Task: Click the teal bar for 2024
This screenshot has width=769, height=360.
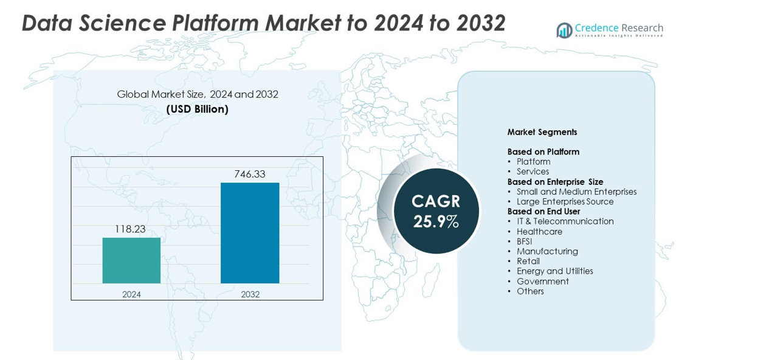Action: coord(131,260)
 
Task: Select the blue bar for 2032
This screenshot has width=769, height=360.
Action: coord(250,233)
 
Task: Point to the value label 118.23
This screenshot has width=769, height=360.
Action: coord(130,229)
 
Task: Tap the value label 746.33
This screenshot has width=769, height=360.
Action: coord(250,174)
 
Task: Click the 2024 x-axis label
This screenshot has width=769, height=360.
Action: coord(131,294)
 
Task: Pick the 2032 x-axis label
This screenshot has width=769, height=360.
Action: coord(250,294)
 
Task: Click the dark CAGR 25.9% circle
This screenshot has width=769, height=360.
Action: coord(436,211)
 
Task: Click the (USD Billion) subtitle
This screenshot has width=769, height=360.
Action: coord(198,109)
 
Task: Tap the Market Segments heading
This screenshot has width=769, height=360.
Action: coord(542,132)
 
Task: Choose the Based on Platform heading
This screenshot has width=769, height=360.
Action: coord(543,152)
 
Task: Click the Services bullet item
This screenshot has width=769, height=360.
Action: coord(533,171)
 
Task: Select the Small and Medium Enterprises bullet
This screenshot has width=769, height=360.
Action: coord(576,192)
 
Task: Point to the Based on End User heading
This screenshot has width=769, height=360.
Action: coord(543,212)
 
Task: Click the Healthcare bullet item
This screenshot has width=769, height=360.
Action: coord(539,232)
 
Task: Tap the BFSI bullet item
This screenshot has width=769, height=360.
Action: coord(524,241)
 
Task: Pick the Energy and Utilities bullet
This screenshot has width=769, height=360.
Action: coord(554,271)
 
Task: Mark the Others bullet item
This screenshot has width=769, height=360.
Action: coord(530,291)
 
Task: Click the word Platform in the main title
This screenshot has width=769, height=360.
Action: coord(216,23)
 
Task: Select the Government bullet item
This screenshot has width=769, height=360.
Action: coord(542,282)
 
